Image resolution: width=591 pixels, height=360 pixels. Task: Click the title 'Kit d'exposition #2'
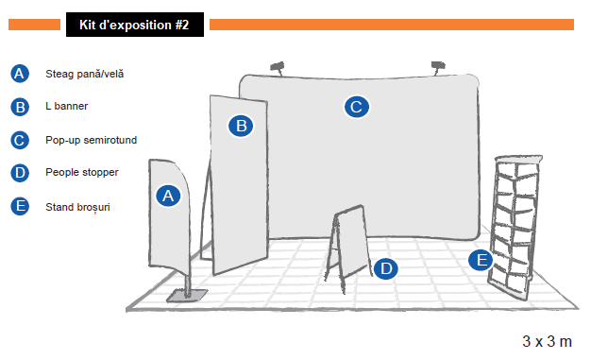[134, 26]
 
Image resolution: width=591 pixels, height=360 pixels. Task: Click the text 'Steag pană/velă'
[84, 74]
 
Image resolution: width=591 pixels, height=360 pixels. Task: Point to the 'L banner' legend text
[66, 107]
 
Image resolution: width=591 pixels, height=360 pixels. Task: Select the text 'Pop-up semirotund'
[91, 140]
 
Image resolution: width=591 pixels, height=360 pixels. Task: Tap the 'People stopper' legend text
[81, 173]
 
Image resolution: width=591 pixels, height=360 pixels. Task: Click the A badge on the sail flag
[167, 196]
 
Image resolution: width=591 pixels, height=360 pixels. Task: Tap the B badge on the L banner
[241, 125]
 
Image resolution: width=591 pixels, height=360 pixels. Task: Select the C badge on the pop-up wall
[355, 107]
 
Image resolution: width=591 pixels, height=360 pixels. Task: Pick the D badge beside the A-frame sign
[385, 268]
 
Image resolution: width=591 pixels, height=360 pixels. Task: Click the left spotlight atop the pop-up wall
[278, 67]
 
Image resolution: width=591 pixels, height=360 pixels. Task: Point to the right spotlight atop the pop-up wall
[437, 66]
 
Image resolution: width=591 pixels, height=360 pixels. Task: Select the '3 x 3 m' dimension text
[547, 340]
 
